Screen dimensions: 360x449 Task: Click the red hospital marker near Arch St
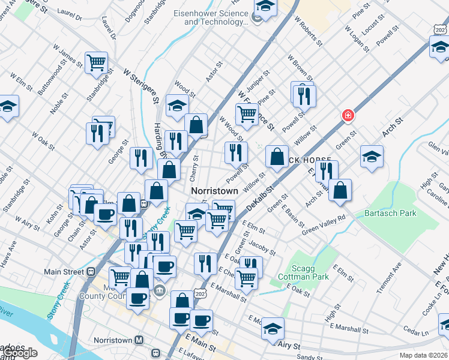pyautogui.click(x=347, y=115)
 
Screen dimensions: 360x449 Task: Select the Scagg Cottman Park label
pyautogui.click(x=299, y=272)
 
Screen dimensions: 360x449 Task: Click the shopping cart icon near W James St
pyautogui.click(x=96, y=62)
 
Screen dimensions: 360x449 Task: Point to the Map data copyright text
pyautogui.click(x=422, y=355)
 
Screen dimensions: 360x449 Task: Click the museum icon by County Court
pyautogui.click(x=160, y=292)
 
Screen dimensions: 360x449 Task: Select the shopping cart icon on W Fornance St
pyautogui.click(x=247, y=112)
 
